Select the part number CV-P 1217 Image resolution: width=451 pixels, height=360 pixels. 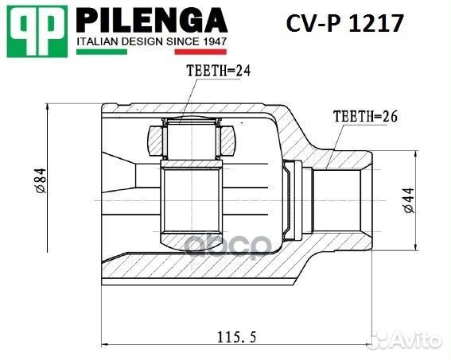[344, 24]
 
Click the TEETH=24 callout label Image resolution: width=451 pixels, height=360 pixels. [218, 71]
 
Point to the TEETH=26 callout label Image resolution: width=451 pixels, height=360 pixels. [364, 116]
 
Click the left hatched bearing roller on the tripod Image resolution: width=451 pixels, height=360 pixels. [155, 141]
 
